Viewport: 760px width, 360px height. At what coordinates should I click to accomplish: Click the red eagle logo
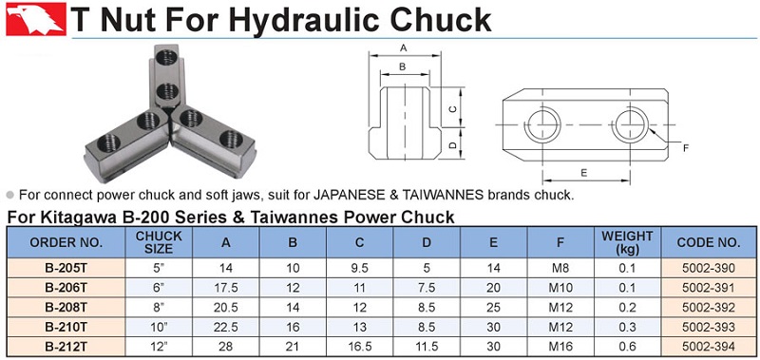click(36, 19)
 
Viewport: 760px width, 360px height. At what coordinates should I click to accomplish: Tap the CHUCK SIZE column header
click(159, 242)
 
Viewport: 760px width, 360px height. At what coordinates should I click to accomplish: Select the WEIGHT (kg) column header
click(627, 243)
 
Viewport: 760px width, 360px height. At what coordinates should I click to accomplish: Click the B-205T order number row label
click(66, 268)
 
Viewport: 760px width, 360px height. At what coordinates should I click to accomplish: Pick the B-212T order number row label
click(66, 347)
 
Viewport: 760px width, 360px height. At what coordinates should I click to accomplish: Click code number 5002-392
click(708, 307)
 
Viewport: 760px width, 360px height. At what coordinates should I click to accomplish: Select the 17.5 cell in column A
click(226, 288)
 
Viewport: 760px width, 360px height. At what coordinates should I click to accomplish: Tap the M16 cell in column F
click(560, 347)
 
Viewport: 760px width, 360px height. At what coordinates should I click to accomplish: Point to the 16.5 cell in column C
click(360, 347)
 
